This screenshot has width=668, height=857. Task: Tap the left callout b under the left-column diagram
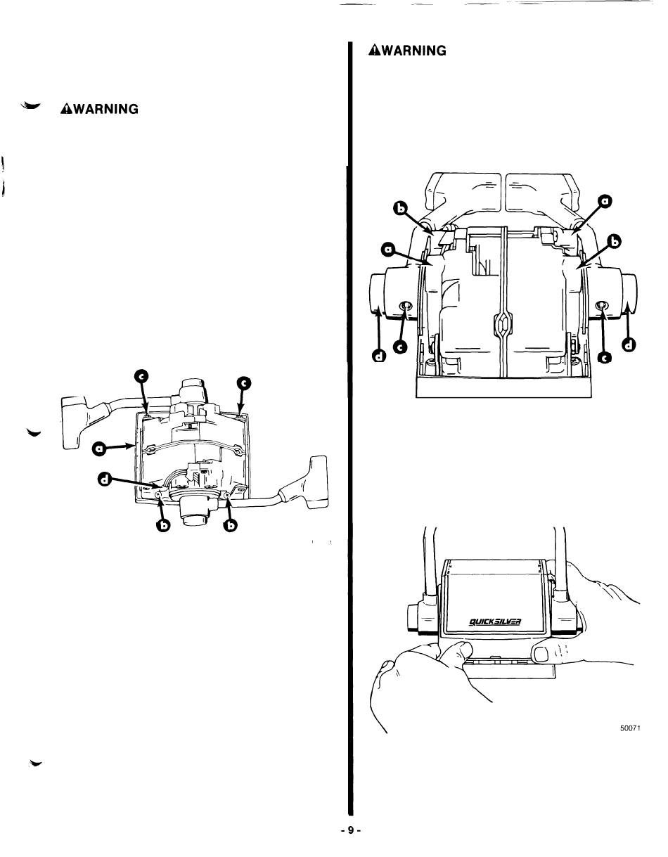(x=163, y=526)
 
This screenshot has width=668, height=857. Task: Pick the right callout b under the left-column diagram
(x=229, y=526)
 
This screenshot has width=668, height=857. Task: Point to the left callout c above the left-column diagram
(x=141, y=380)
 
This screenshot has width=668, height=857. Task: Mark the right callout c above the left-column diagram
(x=243, y=383)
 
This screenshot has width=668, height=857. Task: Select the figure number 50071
(x=627, y=728)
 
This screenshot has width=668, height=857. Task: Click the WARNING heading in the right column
(x=408, y=51)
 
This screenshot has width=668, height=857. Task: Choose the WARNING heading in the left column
(x=99, y=109)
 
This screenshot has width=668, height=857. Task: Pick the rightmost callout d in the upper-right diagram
(x=629, y=344)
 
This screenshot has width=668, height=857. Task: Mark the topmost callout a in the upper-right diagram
(x=603, y=202)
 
